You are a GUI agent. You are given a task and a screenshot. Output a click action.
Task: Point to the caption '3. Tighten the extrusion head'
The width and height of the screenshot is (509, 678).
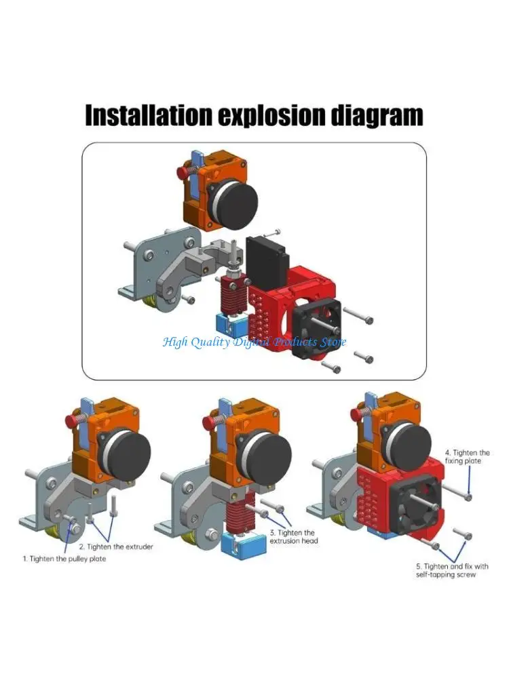[294, 536]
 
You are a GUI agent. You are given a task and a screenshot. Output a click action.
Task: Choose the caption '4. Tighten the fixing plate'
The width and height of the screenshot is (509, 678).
[467, 456]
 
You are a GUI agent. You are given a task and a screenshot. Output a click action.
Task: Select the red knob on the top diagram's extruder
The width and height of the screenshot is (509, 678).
[182, 173]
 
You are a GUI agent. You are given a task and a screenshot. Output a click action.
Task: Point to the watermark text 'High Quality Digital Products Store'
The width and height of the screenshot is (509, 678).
[254, 342]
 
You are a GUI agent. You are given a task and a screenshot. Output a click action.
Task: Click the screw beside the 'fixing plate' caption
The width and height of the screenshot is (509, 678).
[469, 497]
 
